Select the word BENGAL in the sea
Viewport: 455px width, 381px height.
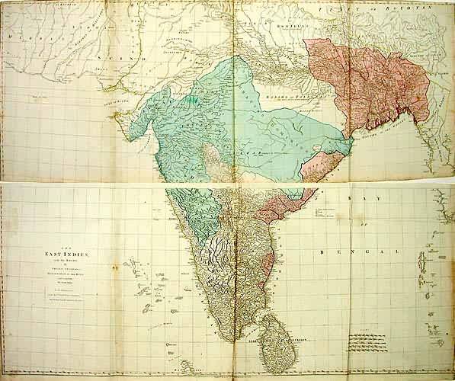coord(358,251)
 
